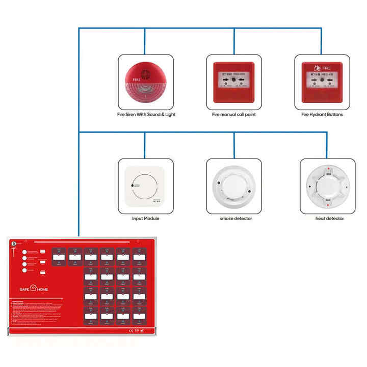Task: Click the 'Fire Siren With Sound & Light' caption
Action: (x=146, y=115)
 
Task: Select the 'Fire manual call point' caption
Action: (x=234, y=115)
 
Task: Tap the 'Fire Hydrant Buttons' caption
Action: (x=322, y=115)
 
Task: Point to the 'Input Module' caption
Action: (x=146, y=219)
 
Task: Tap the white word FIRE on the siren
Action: (x=136, y=80)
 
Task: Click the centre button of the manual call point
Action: (x=234, y=80)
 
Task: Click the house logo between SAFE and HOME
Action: (x=34, y=289)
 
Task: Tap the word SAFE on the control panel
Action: (x=24, y=289)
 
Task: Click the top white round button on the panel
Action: (x=24, y=252)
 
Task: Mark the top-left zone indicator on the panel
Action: (x=59, y=257)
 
